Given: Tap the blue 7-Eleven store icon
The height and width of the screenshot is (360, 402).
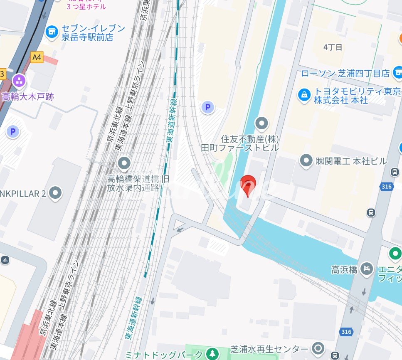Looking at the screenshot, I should point(52,32).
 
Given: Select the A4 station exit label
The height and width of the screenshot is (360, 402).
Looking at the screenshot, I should point(37,57).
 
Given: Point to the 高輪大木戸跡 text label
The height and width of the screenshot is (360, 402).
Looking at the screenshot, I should point(28,97).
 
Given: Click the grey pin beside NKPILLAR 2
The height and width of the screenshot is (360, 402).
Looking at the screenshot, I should point(55,193).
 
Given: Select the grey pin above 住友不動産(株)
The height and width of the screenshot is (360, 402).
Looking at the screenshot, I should point(261,123).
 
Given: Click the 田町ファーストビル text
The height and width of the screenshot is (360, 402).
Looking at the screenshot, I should point(239,148).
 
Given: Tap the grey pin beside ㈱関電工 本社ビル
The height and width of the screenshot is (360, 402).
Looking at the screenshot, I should point(306,160).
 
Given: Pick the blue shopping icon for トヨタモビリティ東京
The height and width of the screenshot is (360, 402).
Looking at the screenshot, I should point(305,95).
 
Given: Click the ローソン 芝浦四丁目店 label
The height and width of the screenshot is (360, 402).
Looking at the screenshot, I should point(345,74).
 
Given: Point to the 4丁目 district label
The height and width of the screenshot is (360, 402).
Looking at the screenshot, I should point(333,47).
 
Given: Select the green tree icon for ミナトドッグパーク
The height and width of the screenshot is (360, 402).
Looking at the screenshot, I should point(212,354).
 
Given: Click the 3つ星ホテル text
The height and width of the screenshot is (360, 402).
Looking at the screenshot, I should point(86,7).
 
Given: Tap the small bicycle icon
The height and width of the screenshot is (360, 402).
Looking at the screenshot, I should point(5,260).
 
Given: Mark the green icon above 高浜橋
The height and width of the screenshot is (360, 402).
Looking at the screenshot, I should point(395,253).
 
